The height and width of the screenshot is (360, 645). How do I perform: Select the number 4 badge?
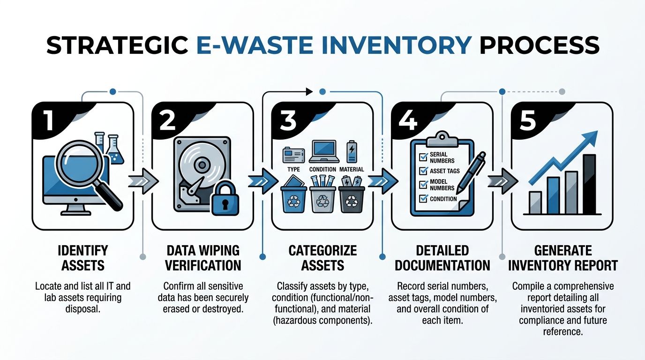[x=407, y=120]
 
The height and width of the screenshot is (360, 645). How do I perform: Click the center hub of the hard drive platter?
[x=202, y=165]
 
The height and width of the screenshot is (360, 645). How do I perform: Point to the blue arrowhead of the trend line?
[x=591, y=139]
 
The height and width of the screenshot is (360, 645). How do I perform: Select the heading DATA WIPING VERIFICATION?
[x=203, y=258]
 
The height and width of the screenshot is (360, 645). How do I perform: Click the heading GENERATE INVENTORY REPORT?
[x=562, y=258]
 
